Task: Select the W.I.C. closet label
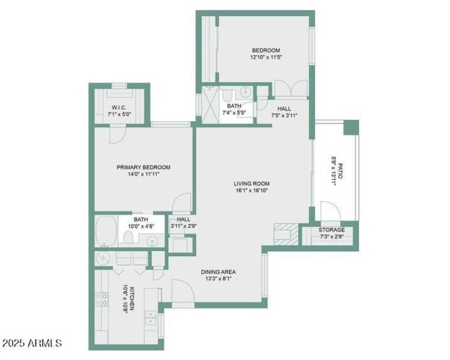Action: [119, 107]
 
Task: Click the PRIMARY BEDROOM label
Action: [143, 167]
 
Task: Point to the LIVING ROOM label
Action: [251, 183]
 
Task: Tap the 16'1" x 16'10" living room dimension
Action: [251, 191]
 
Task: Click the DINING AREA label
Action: [218, 272]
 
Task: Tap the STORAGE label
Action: [332, 230]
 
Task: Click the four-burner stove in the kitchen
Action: [102, 299]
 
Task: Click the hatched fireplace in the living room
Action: [285, 233]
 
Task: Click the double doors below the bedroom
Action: [290, 89]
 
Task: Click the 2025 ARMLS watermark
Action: [32, 343]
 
